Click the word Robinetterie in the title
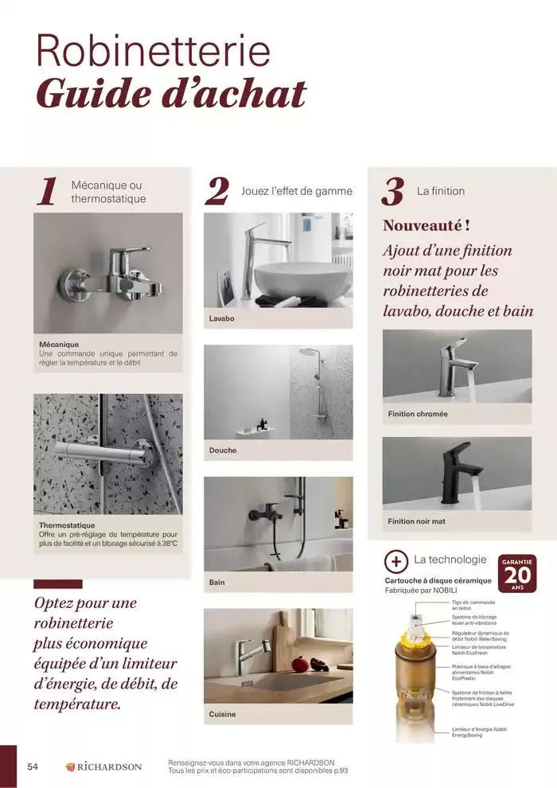point(153,53)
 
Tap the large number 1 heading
point(48,193)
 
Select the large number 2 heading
point(216,193)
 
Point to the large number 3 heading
point(393,193)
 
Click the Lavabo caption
point(222,318)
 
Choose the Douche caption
point(223,451)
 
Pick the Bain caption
point(217,583)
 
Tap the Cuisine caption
point(223,714)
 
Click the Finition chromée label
point(418,414)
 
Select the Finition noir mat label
point(417,521)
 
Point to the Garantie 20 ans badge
point(518,574)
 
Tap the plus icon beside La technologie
point(395,560)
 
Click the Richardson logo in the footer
point(103,767)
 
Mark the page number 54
point(33,767)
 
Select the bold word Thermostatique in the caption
point(67,525)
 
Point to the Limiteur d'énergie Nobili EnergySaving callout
point(479,731)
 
